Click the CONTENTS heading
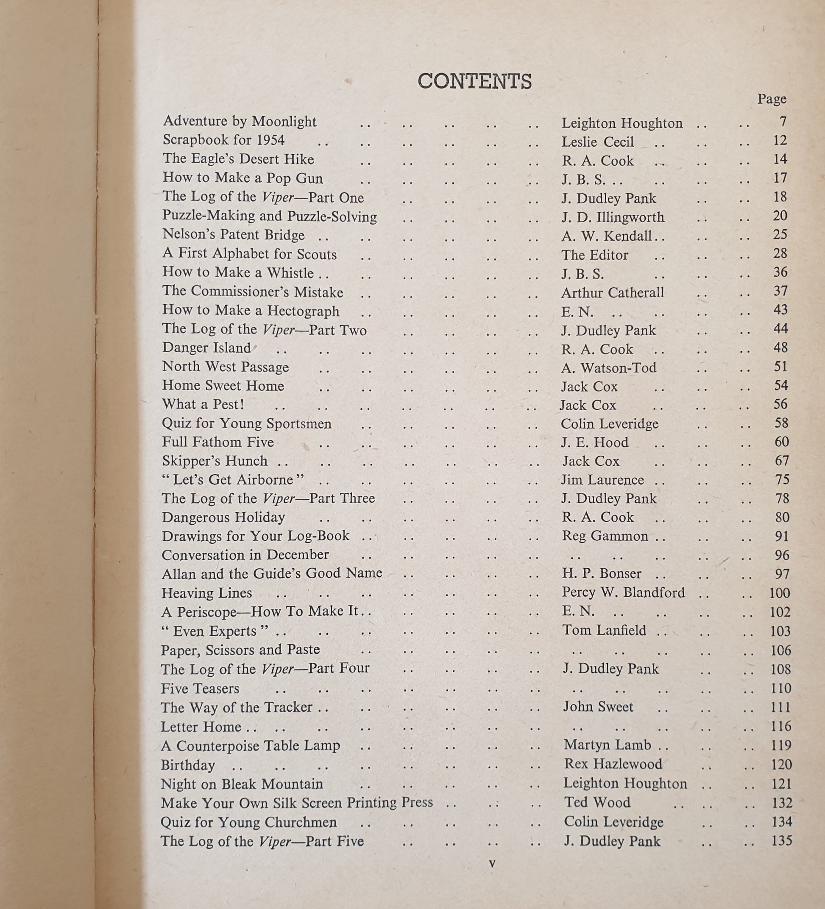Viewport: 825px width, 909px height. tap(474, 81)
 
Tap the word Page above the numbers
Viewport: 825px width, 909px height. tap(772, 99)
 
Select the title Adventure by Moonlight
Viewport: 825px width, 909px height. tap(240, 121)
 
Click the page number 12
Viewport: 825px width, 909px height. tap(780, 140)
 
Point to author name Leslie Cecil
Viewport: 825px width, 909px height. tap(597, 142)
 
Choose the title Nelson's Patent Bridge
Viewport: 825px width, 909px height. tap(233, 235)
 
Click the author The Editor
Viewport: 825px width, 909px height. tap(594, 255)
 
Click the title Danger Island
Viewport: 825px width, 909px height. tap(206, 347)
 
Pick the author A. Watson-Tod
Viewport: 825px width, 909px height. tap(608, 368)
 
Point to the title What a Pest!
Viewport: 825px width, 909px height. tap(203, 404)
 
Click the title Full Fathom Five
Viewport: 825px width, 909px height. tap(218, 442)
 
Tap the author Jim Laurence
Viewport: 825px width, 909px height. tap(602, 480)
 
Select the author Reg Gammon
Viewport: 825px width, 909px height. tap(605, 536)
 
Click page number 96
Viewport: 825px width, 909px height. tap(782, 555)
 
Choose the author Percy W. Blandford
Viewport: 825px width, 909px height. tap(623, 592)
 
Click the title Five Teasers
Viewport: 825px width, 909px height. tap(200, 689)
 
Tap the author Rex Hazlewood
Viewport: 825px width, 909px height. tap(613, 764)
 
